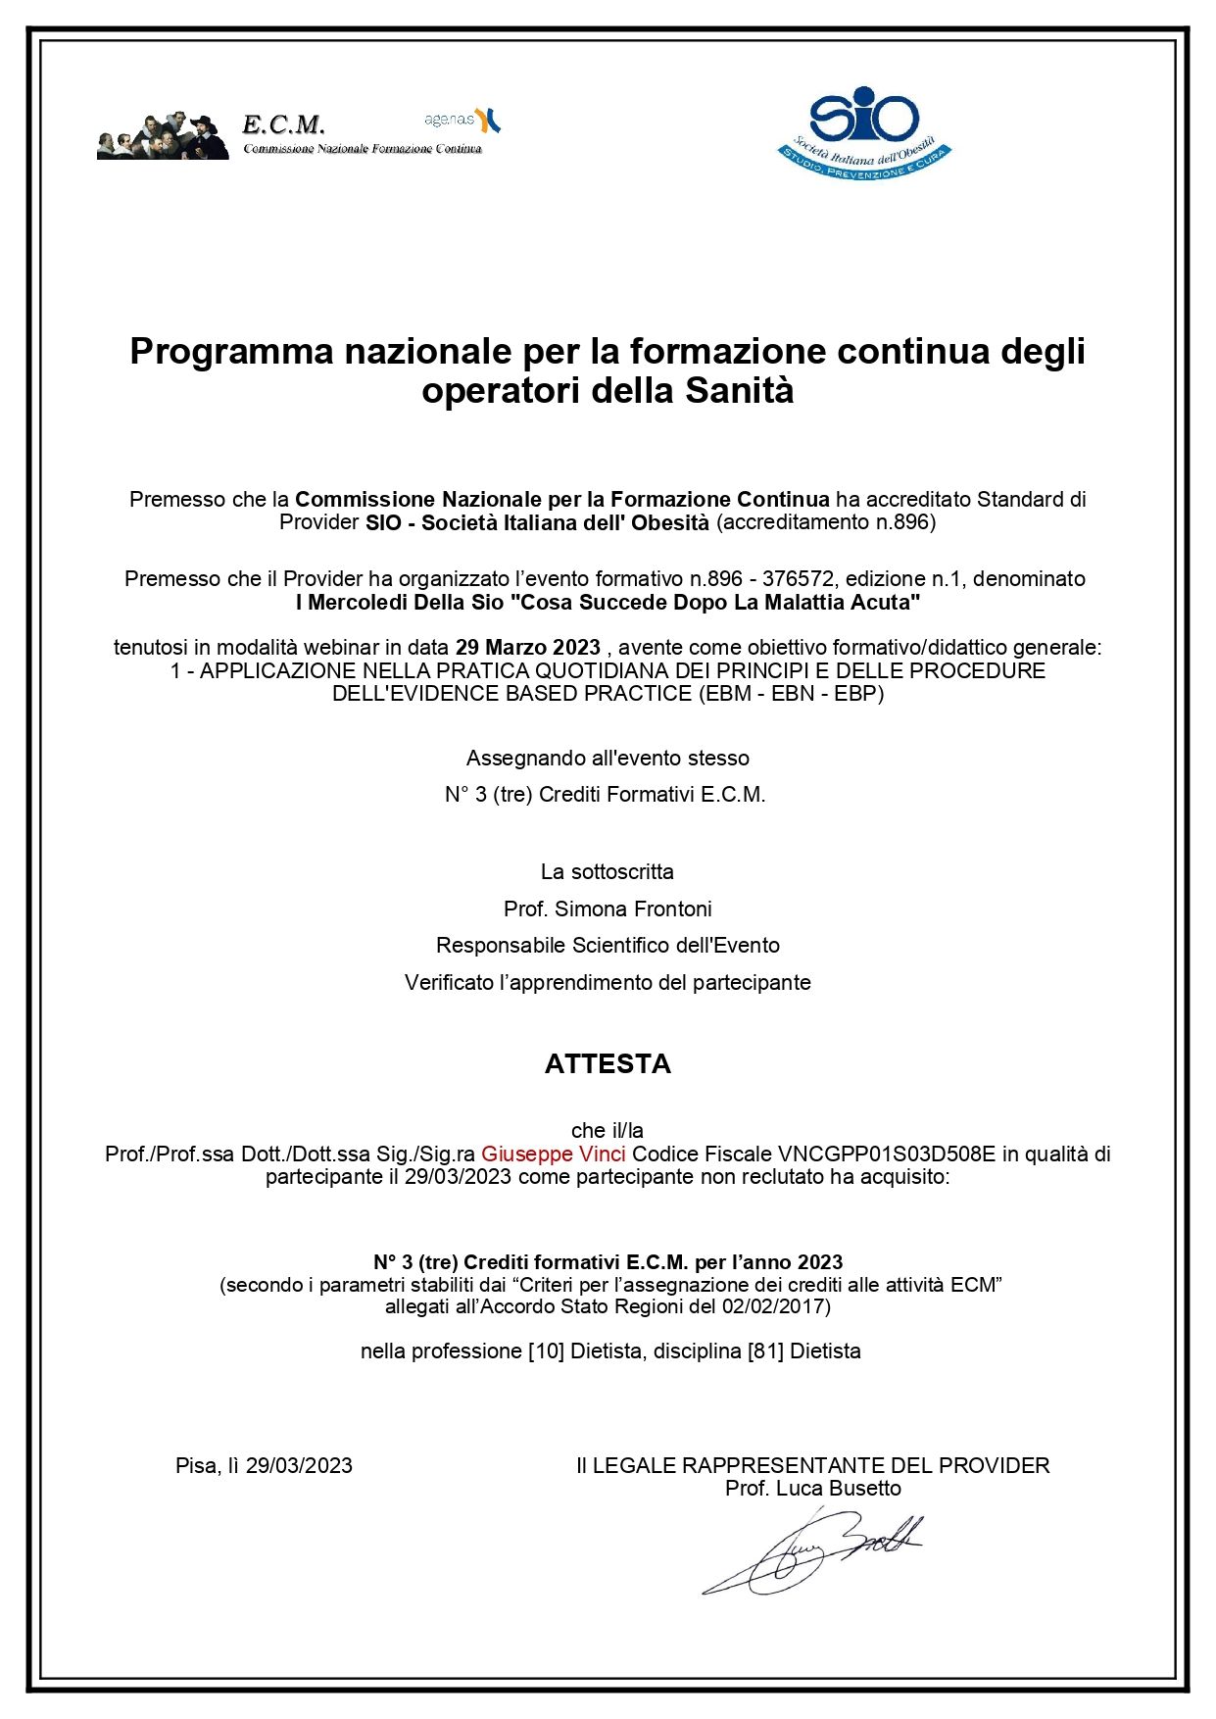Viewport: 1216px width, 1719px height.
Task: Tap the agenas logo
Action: (462, 120)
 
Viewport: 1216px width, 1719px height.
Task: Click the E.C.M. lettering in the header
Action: (283, 124)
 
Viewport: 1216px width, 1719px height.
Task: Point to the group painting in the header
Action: (163, 135)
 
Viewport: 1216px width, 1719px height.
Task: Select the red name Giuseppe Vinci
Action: (553, 1154)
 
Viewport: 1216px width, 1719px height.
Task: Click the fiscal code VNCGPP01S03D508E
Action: (886, 1154)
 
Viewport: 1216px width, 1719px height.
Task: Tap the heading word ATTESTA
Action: (608, 1063)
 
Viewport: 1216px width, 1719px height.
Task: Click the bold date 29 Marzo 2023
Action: (527, 648)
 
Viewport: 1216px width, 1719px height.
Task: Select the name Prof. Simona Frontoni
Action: (608, 909)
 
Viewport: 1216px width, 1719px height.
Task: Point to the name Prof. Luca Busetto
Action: (812, 1488)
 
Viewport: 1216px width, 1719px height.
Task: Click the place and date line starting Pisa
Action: (264, 1465)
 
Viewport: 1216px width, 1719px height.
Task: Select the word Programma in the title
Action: (231, 350)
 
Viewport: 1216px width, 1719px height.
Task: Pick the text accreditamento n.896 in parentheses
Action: (825, 522)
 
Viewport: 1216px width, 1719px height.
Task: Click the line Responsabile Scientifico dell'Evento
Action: (608, 945)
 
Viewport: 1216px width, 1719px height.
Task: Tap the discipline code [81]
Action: (765, 1351)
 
